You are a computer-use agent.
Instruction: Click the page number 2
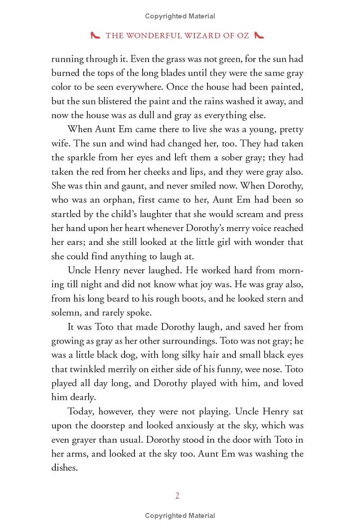177,496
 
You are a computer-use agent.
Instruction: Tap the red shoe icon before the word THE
95,36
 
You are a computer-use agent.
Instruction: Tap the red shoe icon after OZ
259,36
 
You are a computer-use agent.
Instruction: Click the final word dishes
64,467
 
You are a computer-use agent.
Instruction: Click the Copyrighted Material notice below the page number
180,516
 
